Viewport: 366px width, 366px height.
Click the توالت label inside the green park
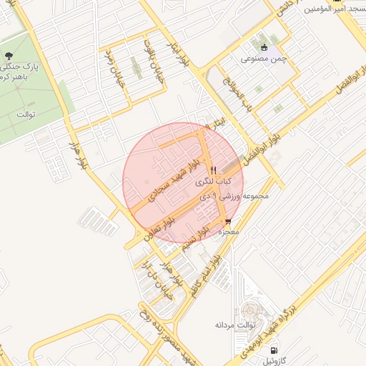coord(25,114)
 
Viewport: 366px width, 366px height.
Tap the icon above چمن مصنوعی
coord(264,46)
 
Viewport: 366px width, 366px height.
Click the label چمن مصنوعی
coord(263,59)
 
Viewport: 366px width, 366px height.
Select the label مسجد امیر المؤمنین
coord(333,9)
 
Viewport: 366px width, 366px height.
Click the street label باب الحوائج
coord(248,94)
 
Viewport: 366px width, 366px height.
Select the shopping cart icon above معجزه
coord(228,222)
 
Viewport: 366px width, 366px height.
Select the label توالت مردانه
coord(235,325)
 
